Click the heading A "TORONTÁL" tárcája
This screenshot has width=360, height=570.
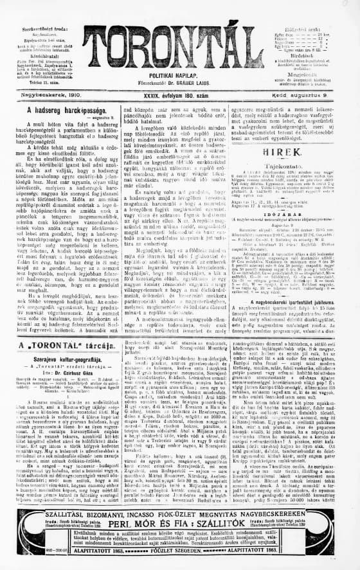(59, 345)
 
